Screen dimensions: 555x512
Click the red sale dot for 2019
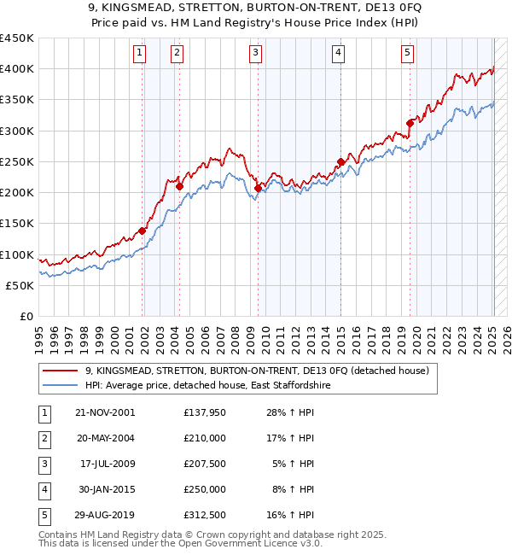point(410,123)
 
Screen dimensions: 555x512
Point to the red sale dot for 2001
point(143,231)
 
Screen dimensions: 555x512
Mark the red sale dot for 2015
point(340,161)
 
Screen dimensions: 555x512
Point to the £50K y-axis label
point(22,285)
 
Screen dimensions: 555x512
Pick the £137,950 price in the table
point(205,412)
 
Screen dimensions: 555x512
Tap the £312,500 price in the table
point(205,515)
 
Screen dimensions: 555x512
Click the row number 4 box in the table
point(43,489)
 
